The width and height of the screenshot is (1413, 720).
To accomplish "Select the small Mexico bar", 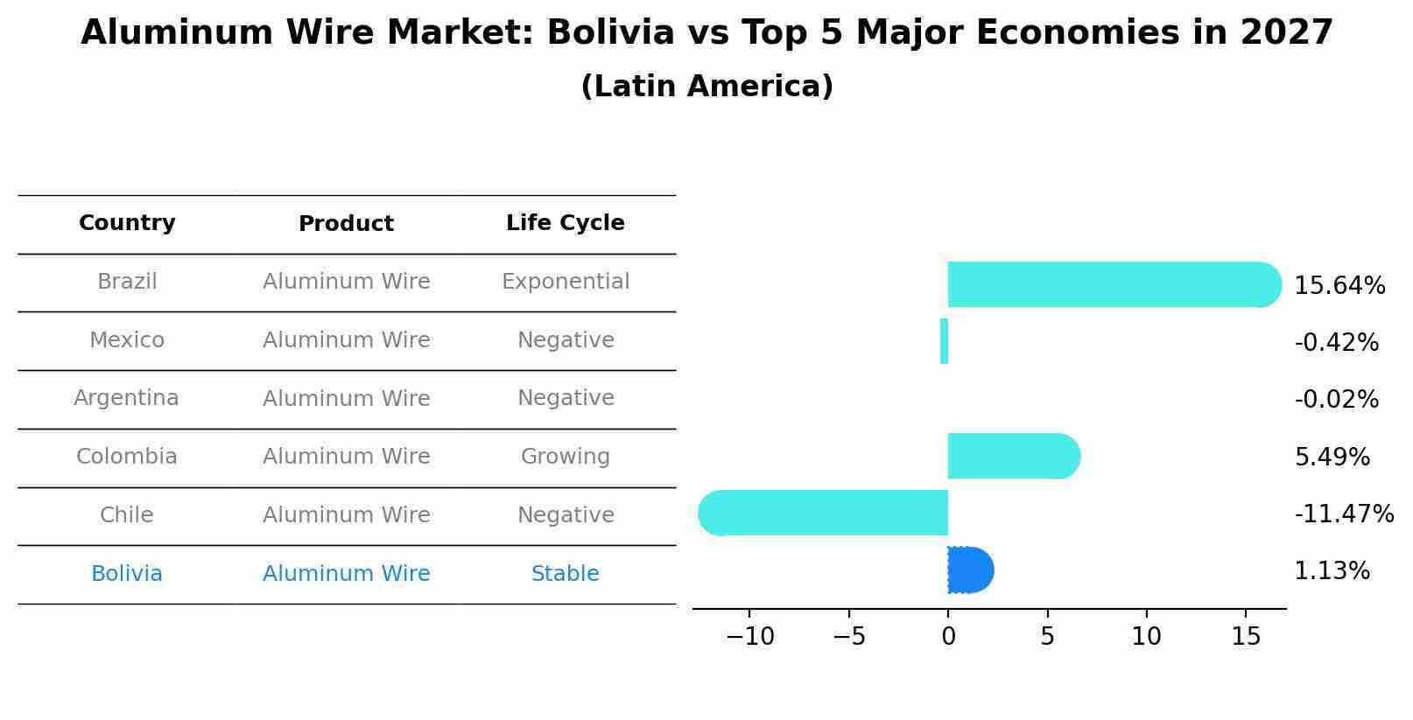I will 944,341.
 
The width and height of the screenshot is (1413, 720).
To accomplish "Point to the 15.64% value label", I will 1339,286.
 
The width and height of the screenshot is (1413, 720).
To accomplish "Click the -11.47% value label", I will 1344,514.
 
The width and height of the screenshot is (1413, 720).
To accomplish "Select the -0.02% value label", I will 1336,400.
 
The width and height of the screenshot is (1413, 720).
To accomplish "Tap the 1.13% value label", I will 1332,571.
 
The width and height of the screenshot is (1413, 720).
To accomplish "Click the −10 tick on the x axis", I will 750,637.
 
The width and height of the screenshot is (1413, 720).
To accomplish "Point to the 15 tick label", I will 1246,637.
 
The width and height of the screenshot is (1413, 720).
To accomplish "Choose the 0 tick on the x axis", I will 948,637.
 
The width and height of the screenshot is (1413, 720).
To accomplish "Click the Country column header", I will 127,223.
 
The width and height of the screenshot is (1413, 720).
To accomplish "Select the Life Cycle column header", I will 566,223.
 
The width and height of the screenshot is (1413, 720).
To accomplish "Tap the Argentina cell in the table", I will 127,398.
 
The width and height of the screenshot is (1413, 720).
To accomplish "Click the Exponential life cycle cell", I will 566,282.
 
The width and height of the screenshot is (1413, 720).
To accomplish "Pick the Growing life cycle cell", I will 566,457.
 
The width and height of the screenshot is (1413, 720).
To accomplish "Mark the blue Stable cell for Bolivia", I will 566,574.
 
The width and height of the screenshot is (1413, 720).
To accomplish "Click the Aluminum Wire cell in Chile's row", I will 347,515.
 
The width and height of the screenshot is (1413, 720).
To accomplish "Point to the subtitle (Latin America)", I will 706,87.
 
